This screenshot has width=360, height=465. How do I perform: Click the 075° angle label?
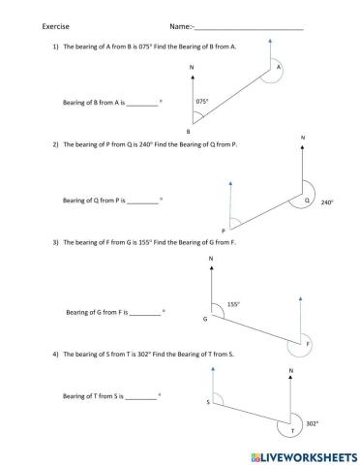[x=201, y=100]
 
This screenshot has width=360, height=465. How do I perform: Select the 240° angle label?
[x=326, y=202]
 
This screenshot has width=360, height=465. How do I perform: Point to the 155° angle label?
[x=233, y=304]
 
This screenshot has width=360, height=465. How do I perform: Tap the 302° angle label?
[x=312, y=423]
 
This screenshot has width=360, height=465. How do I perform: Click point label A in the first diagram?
[x=278, y=68]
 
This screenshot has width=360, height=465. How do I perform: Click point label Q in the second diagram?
[x=307, y=201]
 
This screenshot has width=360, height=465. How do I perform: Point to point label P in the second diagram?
[x=223, y=231]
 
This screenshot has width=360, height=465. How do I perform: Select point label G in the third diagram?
[x=204, y=319]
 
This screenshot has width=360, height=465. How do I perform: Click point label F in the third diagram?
[x=308, y=345]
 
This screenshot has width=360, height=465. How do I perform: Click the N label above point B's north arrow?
[x=193, y=68]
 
